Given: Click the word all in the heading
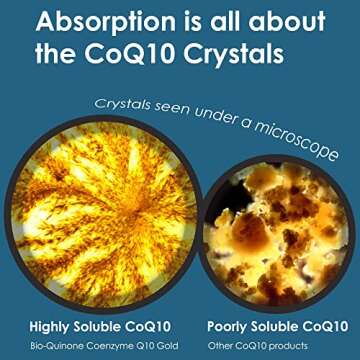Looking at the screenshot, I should pos(222,22).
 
